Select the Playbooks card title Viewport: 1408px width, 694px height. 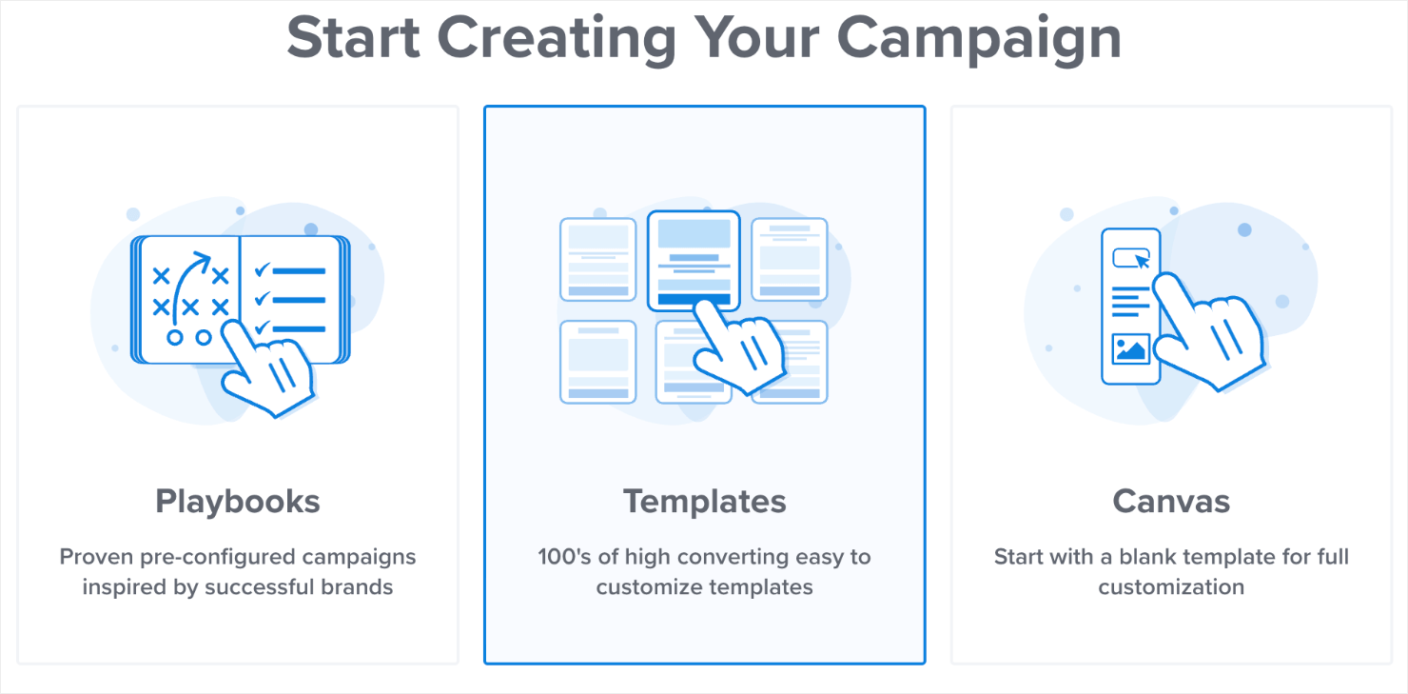click(x=238, y=502)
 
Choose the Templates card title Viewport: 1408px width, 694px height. click(x=705, y=502)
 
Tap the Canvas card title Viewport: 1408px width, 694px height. click(x=1171, y=502)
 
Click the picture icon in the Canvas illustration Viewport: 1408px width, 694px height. click(x=1130, y=348)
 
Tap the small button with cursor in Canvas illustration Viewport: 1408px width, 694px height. click(x=1130, y=258)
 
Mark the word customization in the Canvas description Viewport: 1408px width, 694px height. click(x=1171, y=586)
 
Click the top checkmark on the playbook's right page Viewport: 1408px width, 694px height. click(x=262, y=270)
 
